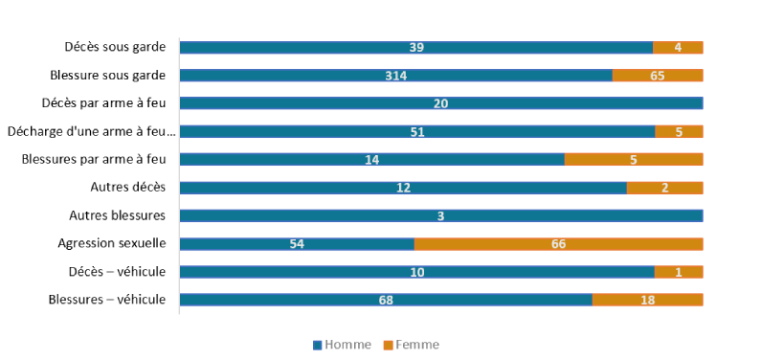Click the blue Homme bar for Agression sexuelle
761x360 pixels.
(297, 244)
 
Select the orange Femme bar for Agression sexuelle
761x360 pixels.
(558, 244)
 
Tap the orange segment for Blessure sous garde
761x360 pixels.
(658, 76)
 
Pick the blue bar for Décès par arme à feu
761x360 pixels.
(441, 103)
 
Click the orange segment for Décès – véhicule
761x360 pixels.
(679, 272)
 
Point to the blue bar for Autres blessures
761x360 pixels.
(441, 216)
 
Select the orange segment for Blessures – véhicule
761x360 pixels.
(647, 300)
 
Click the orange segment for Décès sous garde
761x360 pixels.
(678, 48)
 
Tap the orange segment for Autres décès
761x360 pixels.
(664, 188)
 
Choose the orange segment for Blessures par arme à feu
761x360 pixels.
(634, 160)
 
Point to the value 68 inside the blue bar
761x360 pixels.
(386, 300)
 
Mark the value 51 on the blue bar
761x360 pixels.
(417, 132)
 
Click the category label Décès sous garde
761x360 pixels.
(115, 47)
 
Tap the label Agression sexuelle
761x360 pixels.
(112, 244)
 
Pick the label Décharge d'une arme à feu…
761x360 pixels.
(92, 132)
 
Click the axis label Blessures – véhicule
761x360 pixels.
(107, 300)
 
